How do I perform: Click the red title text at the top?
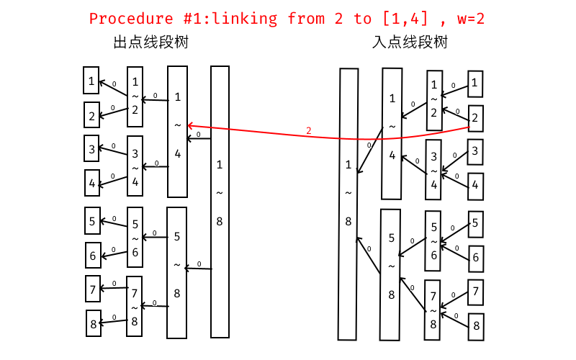point(287,19)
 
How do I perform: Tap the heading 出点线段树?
point(151,42)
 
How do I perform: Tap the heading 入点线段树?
point(410,42)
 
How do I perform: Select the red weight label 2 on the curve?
point(309,130)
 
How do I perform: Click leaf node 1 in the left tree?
point(91,81)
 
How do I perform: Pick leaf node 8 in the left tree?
point(94,323)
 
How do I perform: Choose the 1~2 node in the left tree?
point(135,96)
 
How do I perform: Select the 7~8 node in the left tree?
point(135,307)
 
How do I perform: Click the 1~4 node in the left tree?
point(178,132)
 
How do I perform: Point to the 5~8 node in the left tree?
point(177,272)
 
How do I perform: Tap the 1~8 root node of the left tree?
point(220,202)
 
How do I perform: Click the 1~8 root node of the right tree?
point(348,204)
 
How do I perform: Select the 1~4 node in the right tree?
point(392,134)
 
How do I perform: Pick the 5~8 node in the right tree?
point(391,274)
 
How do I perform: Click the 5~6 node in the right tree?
point(433,240)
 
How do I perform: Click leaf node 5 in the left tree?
point(93,220)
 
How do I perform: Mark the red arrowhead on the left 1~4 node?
point(189,125)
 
